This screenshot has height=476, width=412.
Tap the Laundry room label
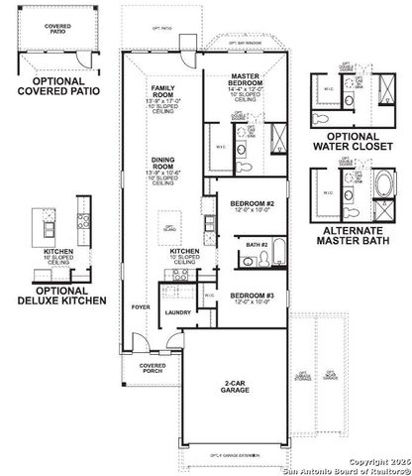pos(178,312)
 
